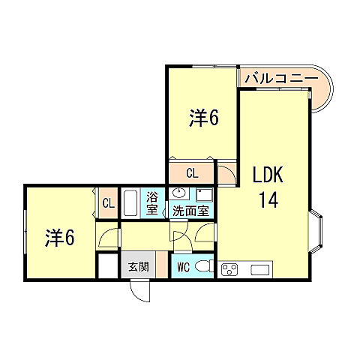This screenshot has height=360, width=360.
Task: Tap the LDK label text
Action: (268, 176)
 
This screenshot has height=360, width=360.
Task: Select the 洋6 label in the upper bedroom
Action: (203, 118)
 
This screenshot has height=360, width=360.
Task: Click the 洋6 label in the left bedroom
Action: (59, 237)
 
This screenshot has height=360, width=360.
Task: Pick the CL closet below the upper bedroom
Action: (193, 173)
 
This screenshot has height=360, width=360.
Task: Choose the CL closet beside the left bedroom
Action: (107, 202)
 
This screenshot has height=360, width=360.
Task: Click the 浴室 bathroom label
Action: (153, 203)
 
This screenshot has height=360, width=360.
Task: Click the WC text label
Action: (184, 265)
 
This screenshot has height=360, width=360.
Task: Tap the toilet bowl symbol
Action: (202, 266)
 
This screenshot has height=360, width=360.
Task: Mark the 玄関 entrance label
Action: (136, 265)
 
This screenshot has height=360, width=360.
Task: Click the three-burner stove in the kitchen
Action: (230, 268)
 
